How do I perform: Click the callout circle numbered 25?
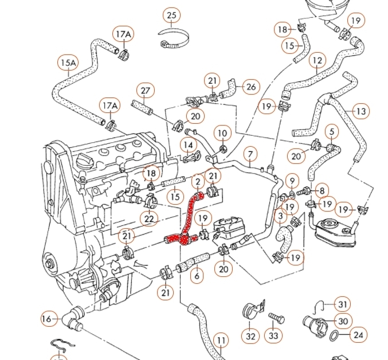171,14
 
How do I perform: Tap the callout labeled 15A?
68,62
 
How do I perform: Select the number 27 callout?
145,91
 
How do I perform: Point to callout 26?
250,87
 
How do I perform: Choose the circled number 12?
317,60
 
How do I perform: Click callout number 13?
361,111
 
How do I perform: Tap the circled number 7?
250,154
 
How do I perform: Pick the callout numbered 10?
222,134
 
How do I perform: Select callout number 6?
197,276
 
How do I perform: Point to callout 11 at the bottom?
221,341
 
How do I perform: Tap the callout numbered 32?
250,336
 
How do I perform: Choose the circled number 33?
274,336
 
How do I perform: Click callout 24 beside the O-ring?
358,335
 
